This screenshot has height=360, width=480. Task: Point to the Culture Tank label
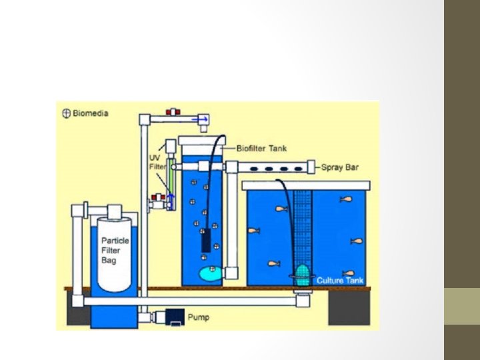click(340, 281)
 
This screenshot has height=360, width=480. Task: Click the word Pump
click(198, 317)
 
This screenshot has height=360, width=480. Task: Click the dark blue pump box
click(175, 316)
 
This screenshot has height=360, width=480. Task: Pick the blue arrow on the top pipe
click(200, 119)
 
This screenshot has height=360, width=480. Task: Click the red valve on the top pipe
click(175, 113)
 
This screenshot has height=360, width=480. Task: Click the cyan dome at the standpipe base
click(303, 272)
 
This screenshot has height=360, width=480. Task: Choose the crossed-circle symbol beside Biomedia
click(66, 113)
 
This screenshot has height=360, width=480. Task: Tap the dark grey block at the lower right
click(349, 307)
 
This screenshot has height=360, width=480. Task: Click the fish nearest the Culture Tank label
click(347, 273)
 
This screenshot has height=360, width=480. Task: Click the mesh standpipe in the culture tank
click(303, 227)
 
